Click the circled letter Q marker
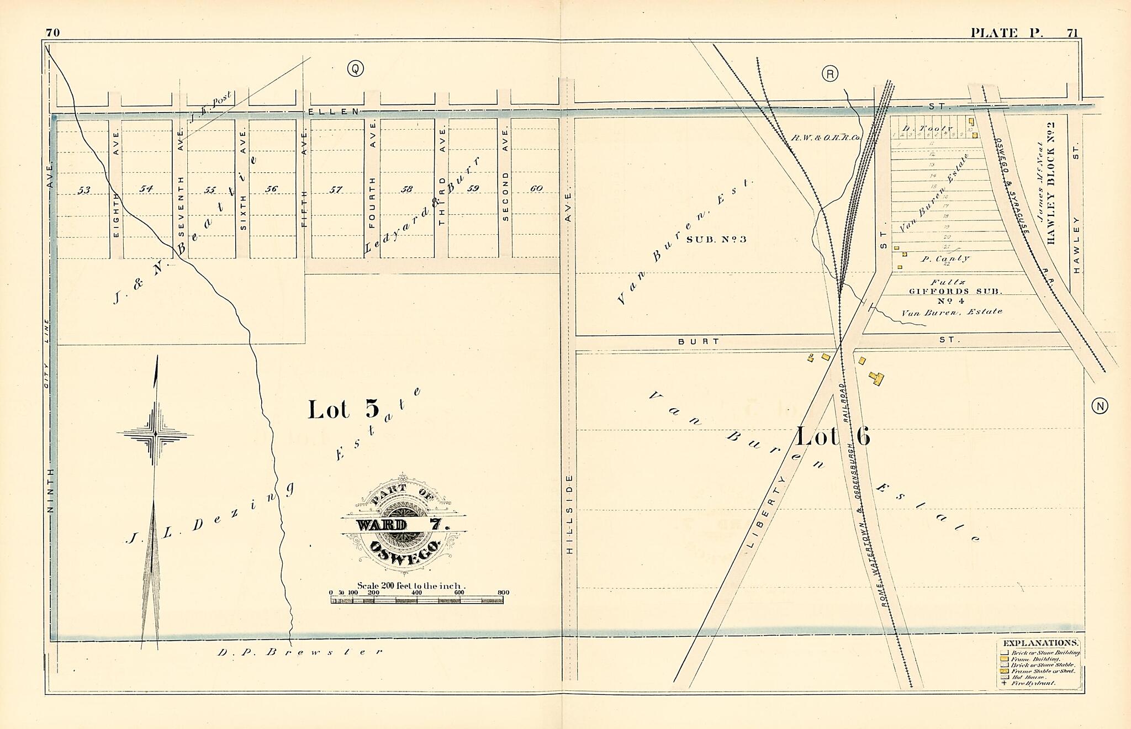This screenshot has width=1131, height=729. (x=355, y=68)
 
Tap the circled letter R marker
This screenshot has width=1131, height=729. (x=829, y=73)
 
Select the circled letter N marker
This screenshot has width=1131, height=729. (x=1100, y=406)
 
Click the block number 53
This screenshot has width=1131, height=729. (x=83, y=190)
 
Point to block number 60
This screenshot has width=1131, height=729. (x=536, y=188)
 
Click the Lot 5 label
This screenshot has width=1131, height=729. (x=343, y=410)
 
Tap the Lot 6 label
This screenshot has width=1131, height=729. (x=832, y=437)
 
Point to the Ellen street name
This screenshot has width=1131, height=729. (x=334, y=111)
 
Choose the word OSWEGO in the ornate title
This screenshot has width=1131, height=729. (x=405, y=549)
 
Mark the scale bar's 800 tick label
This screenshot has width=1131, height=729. (x=503, y=593)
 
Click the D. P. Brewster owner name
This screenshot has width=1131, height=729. (x=299, y=652)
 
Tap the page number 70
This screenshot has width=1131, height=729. (x=52, y=33)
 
